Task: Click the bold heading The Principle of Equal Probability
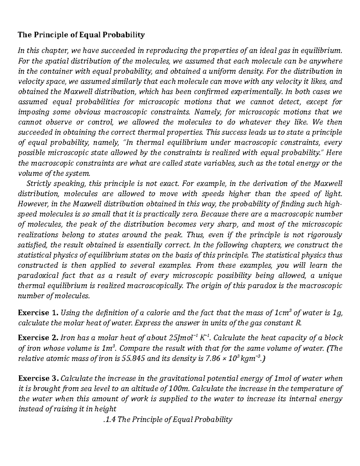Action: pos(81,35)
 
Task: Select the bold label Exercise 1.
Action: pos(38,313)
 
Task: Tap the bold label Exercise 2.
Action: pos(38,338)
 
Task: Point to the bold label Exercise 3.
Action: pos(38,378)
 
